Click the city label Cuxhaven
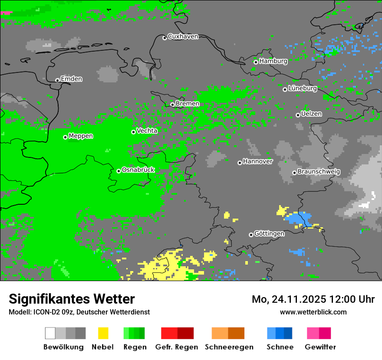click(x=183, y=36)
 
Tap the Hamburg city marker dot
click(x=256, y=62)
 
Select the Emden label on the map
click(x=71, y=79)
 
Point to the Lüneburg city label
click(x=303, y=88)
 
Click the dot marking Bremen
click(x=172, y=105)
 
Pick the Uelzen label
click(x=311, y=114)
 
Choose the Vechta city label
click(x=147, y=131)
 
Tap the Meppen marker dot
click(x=65, y=137)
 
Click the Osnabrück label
click(x=138, y=170)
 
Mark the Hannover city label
click(x=257, y=161)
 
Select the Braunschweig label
click(x=319, y=172)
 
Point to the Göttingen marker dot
click(x=251, y=235)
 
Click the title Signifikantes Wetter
click(x=72, y=299)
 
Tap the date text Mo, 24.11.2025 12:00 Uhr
click(x=313, y=299)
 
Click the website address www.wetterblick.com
click(x=313, y=312)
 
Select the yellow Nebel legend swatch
click(x=103, y=333)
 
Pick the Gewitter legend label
click(x=320, y=347)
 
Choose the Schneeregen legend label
click(x=229, y=347)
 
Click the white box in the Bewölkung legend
click(x=50, y=333)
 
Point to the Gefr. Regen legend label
click(x=177, y=347)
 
